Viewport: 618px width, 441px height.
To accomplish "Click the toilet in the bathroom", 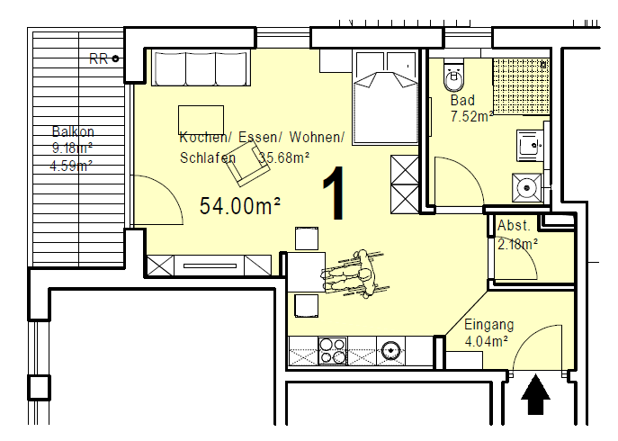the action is click(454, 75).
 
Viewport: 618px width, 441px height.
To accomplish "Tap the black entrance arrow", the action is click(535, 394).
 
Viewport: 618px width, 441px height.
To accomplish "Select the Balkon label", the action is click(73, 131).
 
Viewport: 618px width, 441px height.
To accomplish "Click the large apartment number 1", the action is click(334, 193).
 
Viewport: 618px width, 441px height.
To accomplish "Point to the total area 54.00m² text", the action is click(240, 206).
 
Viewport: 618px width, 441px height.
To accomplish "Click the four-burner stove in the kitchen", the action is click(332, 351).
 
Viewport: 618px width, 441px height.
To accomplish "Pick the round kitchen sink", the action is click(390, 350).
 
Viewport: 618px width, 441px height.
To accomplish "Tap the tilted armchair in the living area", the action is click(248, 164).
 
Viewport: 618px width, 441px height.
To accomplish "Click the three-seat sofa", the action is click(201, 67).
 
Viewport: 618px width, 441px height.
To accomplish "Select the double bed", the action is click(385, 97).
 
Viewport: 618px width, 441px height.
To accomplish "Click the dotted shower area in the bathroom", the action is click(521, 86).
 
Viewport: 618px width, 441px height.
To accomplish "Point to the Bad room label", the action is click(462, 100).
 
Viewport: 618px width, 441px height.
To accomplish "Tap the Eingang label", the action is click(488, 325).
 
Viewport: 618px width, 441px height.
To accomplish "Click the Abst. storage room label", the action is click(514, 226).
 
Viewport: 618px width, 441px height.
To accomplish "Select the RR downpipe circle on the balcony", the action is click(115, 58).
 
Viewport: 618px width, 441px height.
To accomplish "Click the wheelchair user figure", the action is click(355, 274).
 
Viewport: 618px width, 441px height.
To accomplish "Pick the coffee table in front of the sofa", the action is click(201, 120).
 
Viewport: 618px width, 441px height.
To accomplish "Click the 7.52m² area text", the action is click(471, 116).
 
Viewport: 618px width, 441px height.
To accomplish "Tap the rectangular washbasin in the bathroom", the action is click(530, 146).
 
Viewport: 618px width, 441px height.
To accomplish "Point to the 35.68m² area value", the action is click(283, 157).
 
